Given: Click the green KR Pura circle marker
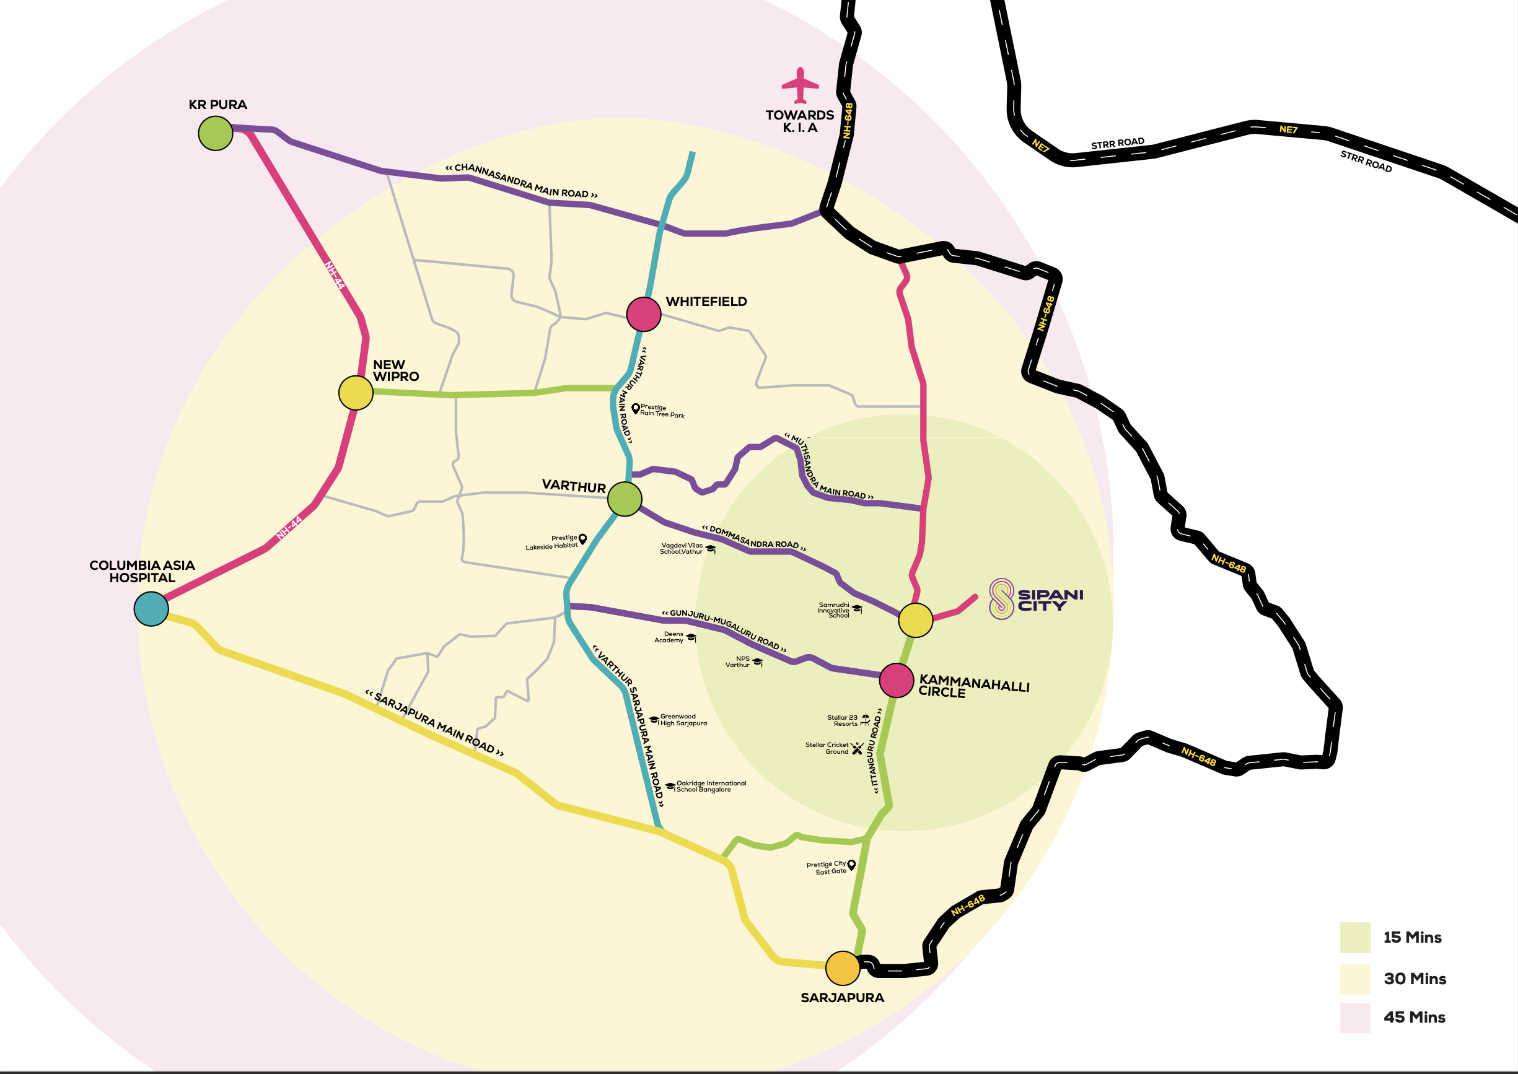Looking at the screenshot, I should click(216, 133).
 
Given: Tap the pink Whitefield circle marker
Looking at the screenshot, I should click(644, 313).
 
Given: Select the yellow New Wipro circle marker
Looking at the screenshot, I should click(356, 393).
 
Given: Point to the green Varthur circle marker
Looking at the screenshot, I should click(625, 499).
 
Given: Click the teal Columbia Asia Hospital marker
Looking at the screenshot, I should click(151, 608).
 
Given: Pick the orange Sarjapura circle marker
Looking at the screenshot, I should click(843, 968).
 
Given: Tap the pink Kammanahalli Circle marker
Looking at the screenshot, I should click(897, 680).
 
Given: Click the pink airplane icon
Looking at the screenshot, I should click(801, 85).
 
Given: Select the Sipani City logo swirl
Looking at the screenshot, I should click(1001, 598).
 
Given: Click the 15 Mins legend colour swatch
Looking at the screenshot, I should click(1354, 937).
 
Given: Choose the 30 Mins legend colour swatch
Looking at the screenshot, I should click(1354, 978).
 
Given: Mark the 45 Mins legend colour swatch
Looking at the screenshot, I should click(1354, 1018).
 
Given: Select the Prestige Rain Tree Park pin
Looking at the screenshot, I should click(636, 409).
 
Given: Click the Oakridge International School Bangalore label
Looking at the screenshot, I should click(711, 787).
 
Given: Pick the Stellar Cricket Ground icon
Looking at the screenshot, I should click(858, 749).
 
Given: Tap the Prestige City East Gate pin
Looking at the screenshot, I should click(851, 865).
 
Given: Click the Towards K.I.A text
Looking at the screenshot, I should click(800, 121).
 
